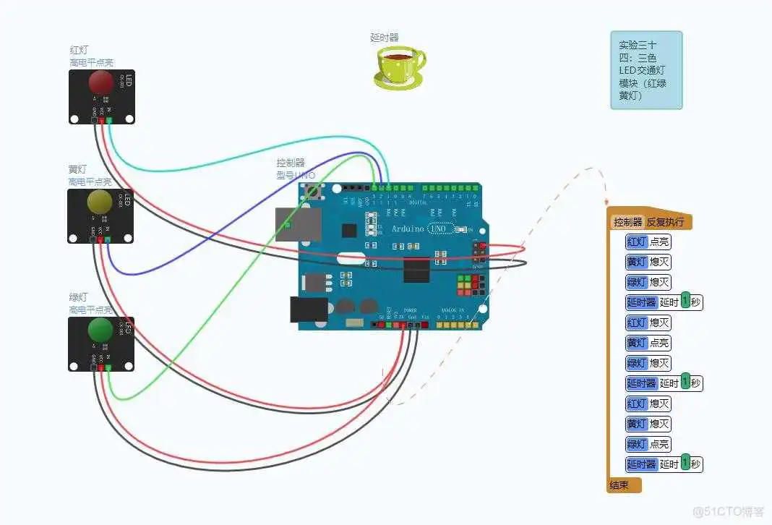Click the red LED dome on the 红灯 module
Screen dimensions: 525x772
click(100, 82)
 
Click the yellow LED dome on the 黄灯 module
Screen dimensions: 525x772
click(100, 202)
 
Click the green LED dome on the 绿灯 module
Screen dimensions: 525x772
click(100, 329)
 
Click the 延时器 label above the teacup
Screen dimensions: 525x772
click(385, 37)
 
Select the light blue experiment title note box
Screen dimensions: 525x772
click(646, 70)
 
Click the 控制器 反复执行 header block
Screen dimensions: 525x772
click(650, 222)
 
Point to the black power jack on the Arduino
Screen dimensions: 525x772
click(308, 310)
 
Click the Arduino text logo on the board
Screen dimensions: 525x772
click(409, 229)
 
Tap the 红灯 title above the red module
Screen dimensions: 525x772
click(79, 51)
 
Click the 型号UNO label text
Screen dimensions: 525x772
click(295, 175)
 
